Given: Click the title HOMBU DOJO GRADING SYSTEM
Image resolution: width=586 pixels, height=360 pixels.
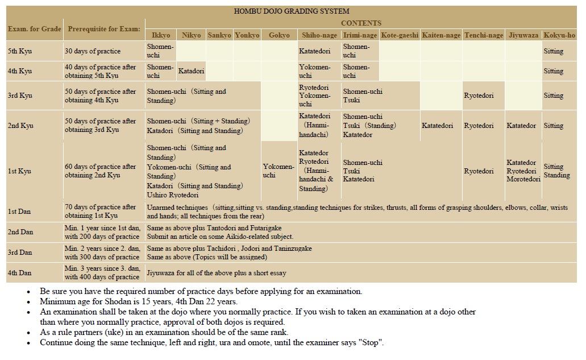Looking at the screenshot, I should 292,11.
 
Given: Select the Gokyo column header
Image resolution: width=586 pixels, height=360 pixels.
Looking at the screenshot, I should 279,35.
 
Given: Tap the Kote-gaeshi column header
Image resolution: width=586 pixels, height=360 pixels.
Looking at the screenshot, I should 400,35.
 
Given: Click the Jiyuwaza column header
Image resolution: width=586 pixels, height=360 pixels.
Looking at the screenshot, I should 522,35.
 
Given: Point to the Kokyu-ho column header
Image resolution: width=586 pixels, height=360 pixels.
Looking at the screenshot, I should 559,35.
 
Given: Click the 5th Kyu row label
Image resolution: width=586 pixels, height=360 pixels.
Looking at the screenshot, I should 20,51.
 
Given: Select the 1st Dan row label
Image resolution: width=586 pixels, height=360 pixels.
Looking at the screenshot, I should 20,212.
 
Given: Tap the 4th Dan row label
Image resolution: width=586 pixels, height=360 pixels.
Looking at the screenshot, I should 20,272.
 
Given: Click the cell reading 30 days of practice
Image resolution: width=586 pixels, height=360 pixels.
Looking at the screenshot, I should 92,51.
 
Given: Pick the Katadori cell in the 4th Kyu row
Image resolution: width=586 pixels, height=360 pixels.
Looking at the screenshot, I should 191,71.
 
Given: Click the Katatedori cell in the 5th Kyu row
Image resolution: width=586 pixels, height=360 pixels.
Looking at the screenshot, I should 314,51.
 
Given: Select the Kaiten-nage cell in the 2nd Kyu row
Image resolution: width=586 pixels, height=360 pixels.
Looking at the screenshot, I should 437,126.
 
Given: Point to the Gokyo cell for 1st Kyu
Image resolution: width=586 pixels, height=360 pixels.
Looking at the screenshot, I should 279,171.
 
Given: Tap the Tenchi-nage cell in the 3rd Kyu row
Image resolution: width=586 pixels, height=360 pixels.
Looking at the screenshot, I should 479,96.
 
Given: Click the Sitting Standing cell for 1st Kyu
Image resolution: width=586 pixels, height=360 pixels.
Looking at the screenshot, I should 556,171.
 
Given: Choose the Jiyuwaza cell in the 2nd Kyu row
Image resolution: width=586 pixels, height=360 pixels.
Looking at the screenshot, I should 521,126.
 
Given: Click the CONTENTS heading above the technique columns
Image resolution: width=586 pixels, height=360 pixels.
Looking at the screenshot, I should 361,23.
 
